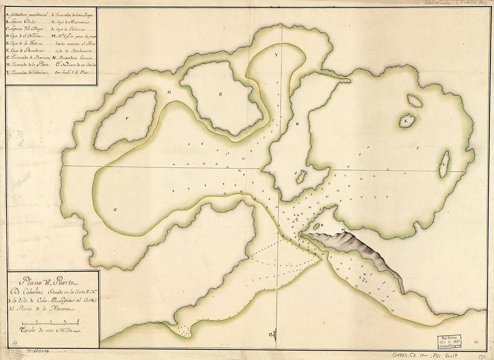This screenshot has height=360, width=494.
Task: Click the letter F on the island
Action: click(x=128, y=119)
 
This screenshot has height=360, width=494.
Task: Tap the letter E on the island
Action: click(x=221, y=94)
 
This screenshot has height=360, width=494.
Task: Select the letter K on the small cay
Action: click(x=406, y=121)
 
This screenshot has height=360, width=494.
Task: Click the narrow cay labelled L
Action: click(x=444, y=164)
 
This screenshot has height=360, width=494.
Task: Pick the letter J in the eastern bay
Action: click(x=417, y=147)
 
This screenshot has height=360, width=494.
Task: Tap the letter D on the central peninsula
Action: click(x=297, y=123)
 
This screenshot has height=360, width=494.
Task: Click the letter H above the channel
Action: click(x=169, y=92)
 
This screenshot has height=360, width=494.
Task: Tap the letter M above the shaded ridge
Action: click(x=343, y=230)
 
